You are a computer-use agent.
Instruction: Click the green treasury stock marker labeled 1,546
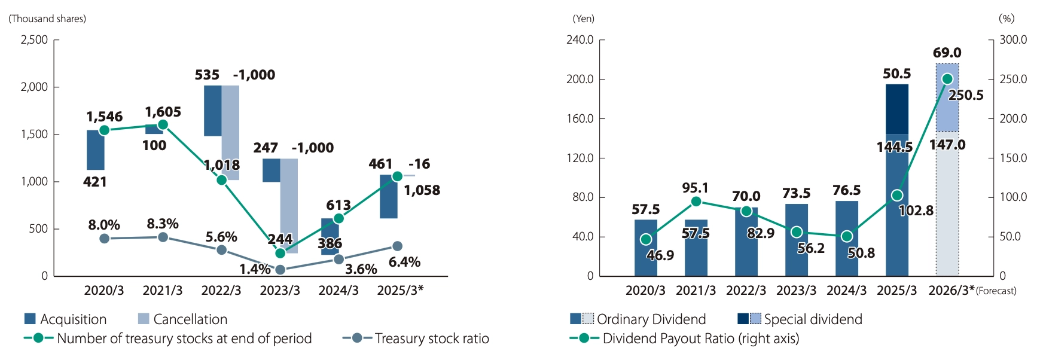[104, 130]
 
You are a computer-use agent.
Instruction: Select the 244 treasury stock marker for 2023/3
[280, 253]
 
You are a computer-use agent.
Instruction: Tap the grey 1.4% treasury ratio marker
[280, 270]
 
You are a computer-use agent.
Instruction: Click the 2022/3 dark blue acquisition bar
[213, 111]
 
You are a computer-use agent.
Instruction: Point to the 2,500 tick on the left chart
[35, 40]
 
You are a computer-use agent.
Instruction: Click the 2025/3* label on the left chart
[400, 291]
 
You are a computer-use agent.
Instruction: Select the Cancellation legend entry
[182, 319]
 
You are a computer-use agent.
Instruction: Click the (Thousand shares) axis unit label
[47, 19]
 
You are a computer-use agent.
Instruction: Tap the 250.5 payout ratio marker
[947, 79]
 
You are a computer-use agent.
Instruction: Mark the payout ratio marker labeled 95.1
[696, 202]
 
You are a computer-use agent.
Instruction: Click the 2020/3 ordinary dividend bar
[646, 248]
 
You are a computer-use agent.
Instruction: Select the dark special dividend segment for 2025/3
[897, 109]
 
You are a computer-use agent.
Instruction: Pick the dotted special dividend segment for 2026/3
[947, 97]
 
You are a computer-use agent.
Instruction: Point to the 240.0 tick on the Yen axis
[580, 40]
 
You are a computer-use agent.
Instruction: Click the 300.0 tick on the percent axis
[1013, 40]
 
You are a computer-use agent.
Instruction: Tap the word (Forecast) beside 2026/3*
[996, 291]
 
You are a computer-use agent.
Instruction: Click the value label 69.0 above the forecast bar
[947, 53]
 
